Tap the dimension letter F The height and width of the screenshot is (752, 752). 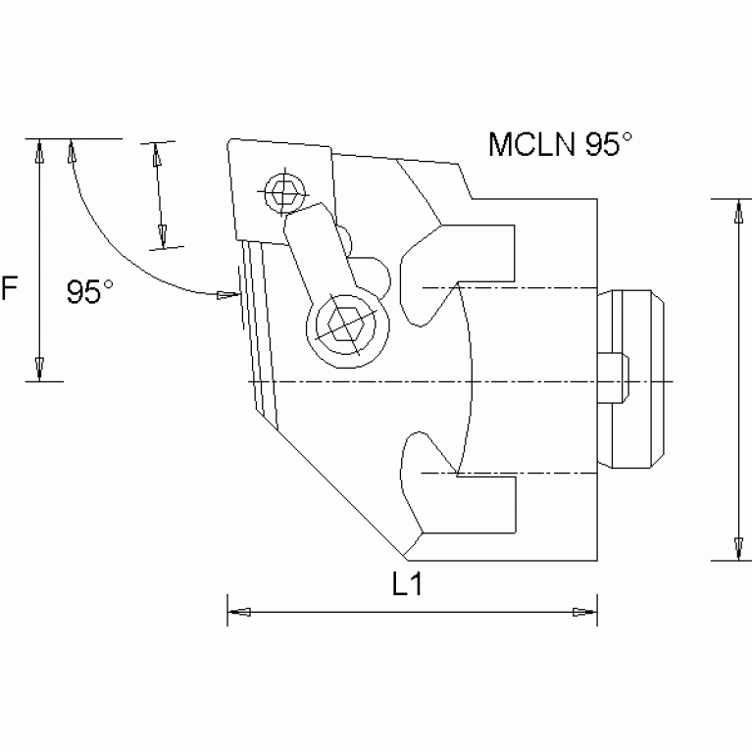pos(10,289)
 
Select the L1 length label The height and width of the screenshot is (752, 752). pos(406,585)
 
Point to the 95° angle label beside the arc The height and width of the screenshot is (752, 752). pos(90,291)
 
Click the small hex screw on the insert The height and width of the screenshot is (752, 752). pos(284,192)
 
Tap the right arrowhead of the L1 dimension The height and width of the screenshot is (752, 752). pos(585,613)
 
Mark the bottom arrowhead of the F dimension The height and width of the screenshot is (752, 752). pos(38,369)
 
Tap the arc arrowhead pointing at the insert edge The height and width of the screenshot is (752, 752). pos(228,293)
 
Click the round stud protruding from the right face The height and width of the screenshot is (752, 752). pos(636,380)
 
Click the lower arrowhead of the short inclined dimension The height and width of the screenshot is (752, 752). pos(165,236)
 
